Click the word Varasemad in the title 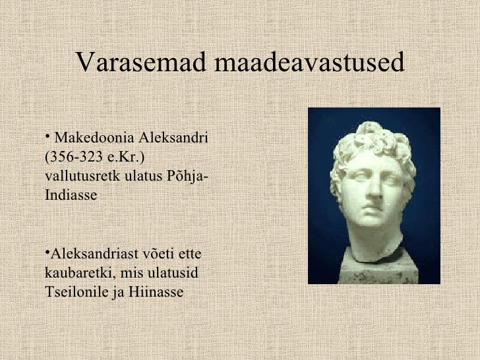(x=140, y=61)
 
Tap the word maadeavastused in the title (x=309, y=61)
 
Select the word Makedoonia (x=94, y=138)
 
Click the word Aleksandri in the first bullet (x=173, y=138)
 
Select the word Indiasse (x=71, y=195)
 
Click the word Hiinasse (x=156, y=291)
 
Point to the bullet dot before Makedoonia (x=47, y=136)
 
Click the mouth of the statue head (x=372, y=210)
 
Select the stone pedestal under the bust (x=378, y=267)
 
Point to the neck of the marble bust (x=376, y=242)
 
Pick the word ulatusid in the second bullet (x=173, y=273)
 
